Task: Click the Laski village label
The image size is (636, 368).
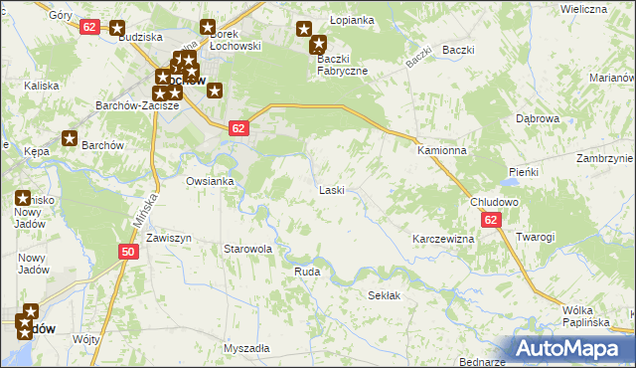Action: (x=331, y=190)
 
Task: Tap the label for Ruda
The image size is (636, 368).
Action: (x=306, y=271)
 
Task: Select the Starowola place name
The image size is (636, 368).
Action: (x=247, y=249)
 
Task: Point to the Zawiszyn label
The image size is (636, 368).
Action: (x=168, y=239)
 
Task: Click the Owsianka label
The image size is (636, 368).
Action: (x=210, y=181)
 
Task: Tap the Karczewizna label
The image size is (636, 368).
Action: (x=443, y=240)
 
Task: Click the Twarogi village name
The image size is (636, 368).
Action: (x=535, y=237)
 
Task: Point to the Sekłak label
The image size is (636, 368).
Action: (x=384, y=296)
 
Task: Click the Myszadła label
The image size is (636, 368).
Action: (x=246, y=348)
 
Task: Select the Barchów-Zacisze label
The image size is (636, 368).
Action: (x=136, y=104)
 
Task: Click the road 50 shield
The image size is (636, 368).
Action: (x=128, y=253)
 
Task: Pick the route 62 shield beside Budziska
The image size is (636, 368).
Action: (x=89, y=27)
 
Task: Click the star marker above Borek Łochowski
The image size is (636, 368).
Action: (x=208, y=28)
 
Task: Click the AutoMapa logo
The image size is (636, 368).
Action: (x=570, y=347)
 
